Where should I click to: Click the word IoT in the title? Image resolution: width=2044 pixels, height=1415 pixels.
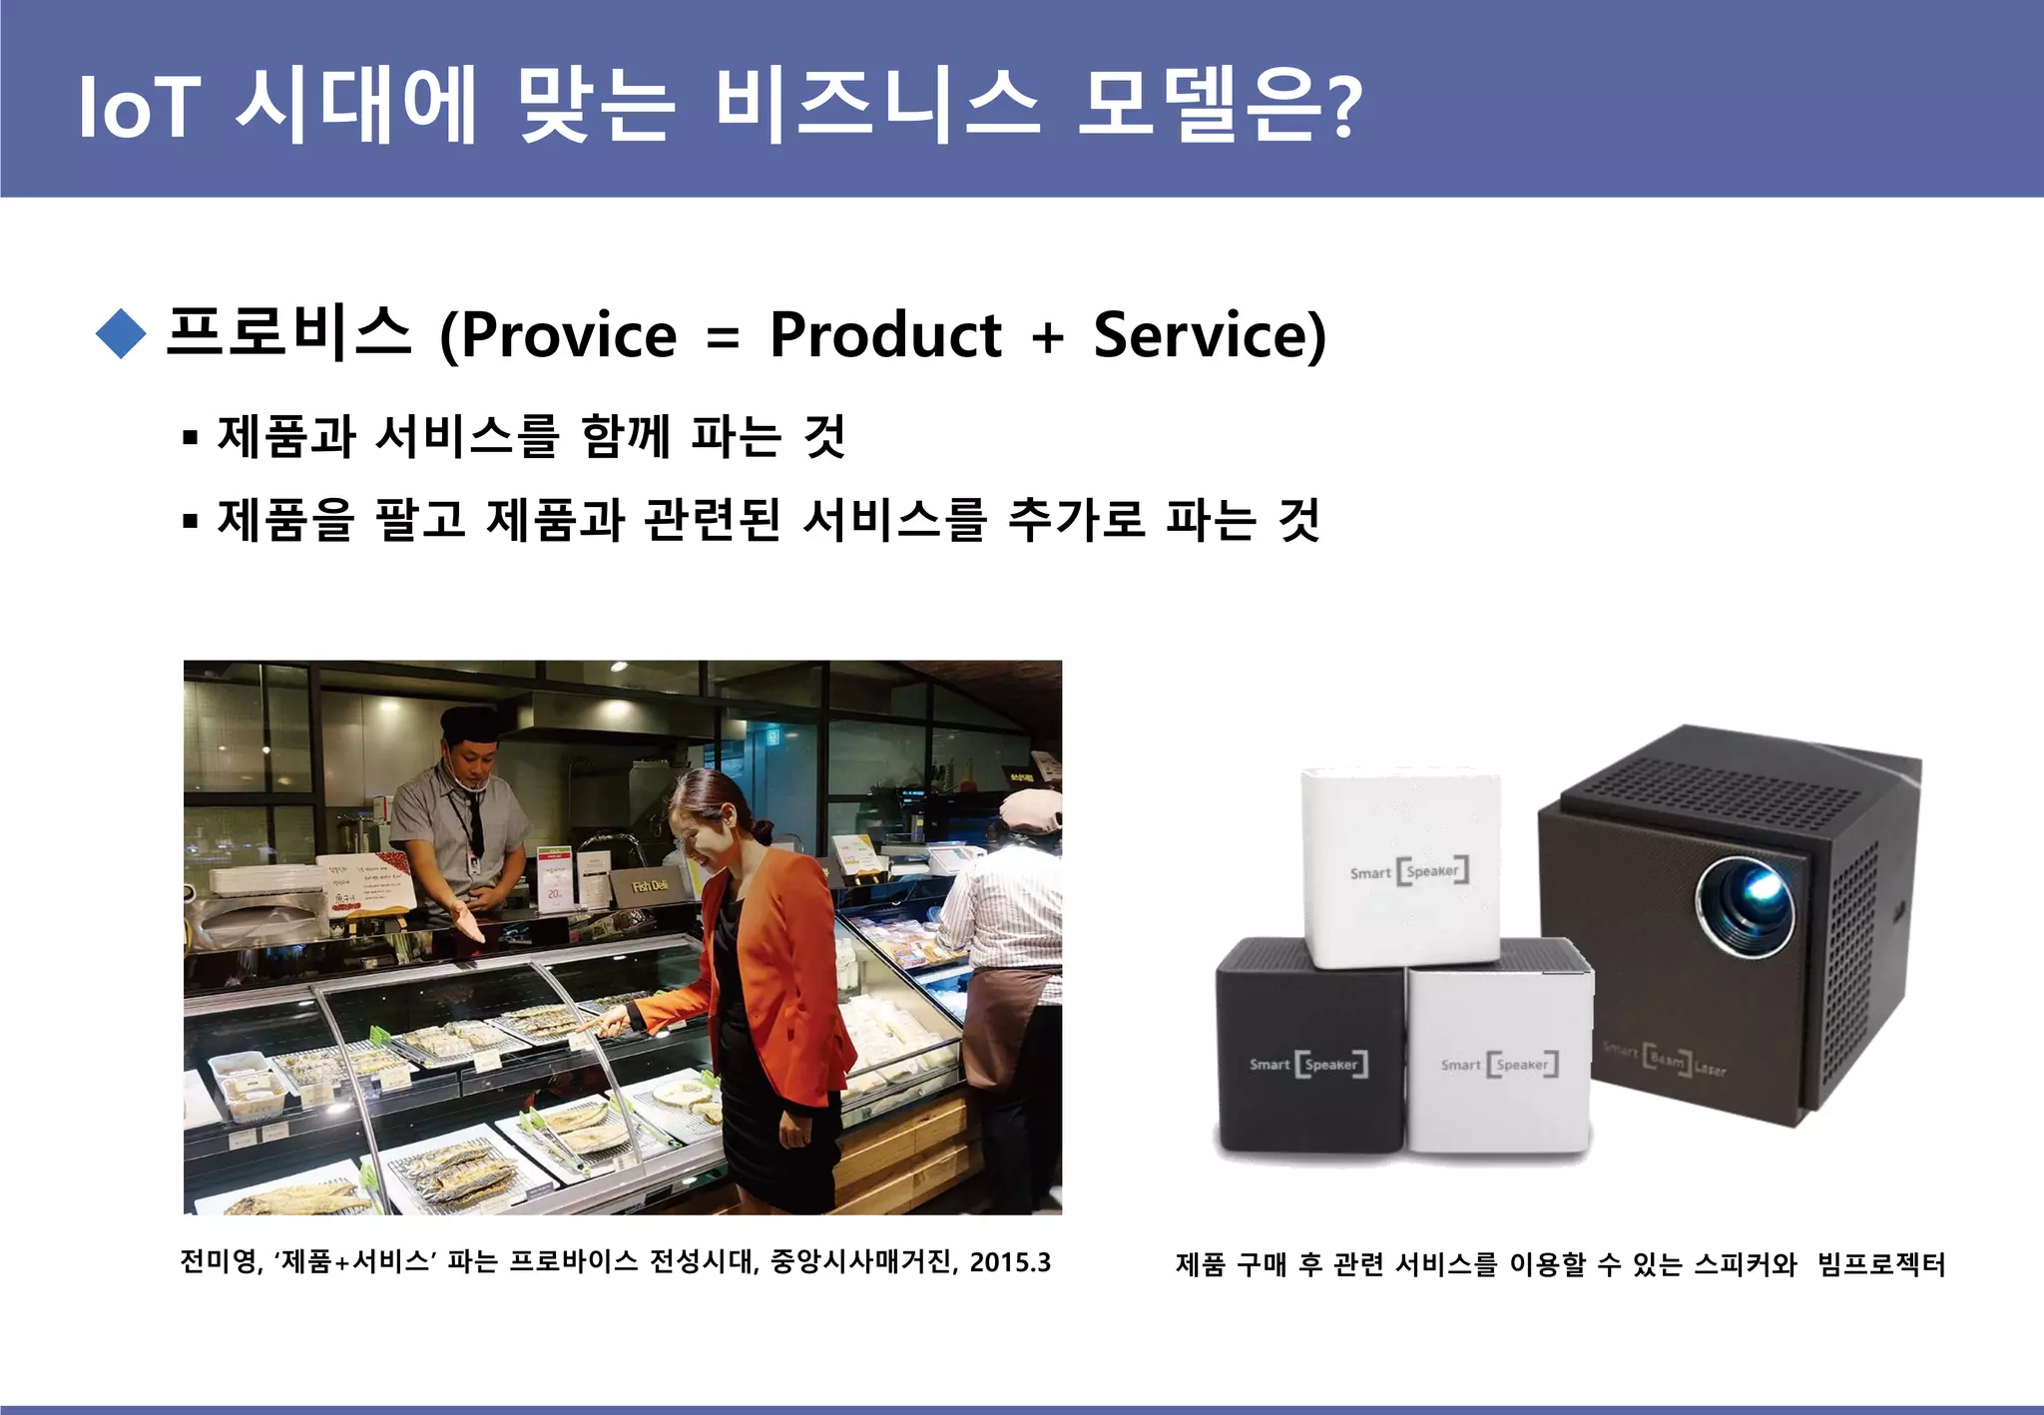(x=139, y=107)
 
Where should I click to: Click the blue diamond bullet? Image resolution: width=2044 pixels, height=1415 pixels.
(x=122, y=333)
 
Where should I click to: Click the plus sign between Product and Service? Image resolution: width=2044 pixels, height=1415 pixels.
(x=1047, y=337)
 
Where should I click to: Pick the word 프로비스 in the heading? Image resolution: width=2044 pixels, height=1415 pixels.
(x=288, y=332)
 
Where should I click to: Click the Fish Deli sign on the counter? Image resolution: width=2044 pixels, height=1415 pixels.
(x=650, y=886)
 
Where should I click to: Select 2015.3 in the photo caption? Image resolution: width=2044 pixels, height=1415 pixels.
(x=1010, y=1262)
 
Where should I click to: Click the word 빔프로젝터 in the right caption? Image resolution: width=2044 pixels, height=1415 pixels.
(x=1881, y=1265)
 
